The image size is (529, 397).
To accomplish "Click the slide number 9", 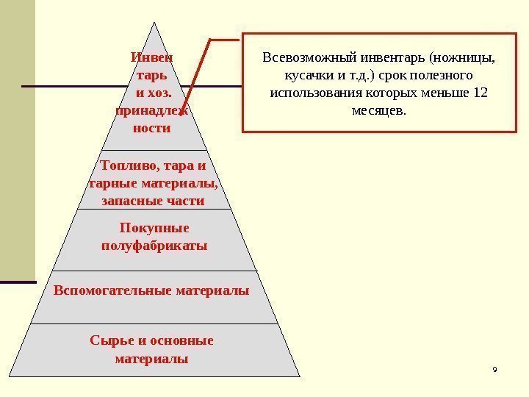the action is click(x=494, y=368).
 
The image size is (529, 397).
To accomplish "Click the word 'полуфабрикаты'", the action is click(x=154, y=245).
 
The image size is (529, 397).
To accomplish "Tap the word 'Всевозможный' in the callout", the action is click(x=304, y=57).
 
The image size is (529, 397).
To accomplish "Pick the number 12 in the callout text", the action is click(x=481, y=94).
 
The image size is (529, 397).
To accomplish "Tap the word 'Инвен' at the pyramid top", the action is click(x=152, y=56).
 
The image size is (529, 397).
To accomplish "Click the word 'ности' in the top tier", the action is click(x=152, y=128).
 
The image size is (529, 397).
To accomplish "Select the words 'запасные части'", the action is click(x=154, y=201).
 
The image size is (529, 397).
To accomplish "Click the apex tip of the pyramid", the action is click(x=154, y=21).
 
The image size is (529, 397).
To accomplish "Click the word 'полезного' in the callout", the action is click(x=442, y=76).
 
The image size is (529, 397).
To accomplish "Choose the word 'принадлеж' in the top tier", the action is click(x=151, y=110).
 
